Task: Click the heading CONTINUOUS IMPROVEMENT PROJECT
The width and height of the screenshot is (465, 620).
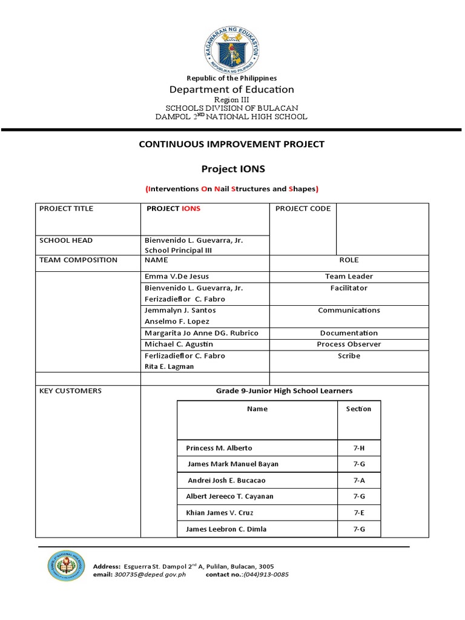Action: [232, 144]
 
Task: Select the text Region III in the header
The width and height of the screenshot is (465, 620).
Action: [232, 99]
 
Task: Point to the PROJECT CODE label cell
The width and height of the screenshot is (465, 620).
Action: [303, 209]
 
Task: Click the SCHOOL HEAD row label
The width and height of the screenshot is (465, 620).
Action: [66, 240]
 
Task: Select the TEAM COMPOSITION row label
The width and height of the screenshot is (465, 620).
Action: [78, 260]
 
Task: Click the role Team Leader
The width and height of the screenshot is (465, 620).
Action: [349, 276]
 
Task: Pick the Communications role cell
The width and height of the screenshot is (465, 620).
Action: [349, 310]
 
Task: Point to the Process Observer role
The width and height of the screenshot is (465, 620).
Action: [349, 344]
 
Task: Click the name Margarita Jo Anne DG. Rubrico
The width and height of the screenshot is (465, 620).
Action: [201, 333]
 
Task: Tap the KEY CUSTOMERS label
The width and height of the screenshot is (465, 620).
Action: [70, 391]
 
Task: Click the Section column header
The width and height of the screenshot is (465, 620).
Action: [358, 409]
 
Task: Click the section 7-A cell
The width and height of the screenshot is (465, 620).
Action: [359, 480]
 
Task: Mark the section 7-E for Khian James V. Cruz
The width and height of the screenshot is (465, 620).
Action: [359, 513]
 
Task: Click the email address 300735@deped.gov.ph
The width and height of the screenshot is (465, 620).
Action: [150, 575]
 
